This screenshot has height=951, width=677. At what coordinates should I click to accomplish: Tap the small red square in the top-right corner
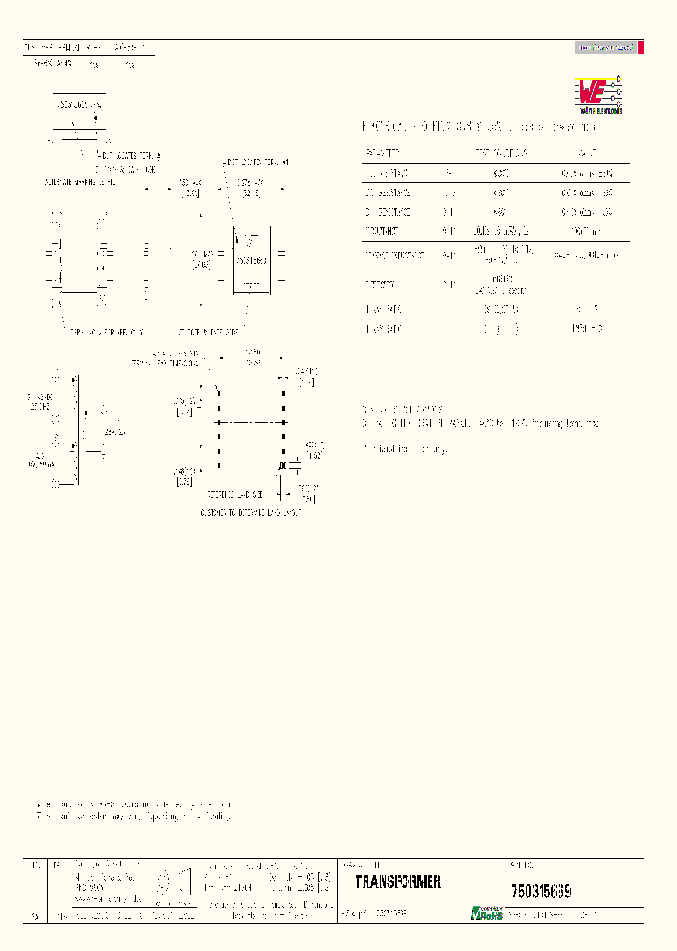click(x=640, y=47)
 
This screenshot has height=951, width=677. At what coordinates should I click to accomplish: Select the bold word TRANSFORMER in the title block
click(x=398, y=882)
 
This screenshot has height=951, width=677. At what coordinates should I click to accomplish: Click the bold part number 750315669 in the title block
click(x=542, y=889)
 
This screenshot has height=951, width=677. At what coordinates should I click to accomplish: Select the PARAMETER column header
click(x=382, y=150)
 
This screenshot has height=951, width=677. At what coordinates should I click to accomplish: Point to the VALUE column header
click(x=585, y=150)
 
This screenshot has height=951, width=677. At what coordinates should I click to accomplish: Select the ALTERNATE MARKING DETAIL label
click(x=80, y=180)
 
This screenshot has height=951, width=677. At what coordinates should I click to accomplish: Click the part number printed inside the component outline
click(x=251, y=260)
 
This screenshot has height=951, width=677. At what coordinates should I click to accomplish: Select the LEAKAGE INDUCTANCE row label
click(x=392, y=255)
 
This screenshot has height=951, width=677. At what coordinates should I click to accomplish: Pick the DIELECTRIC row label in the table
click(x=380, y=284)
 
